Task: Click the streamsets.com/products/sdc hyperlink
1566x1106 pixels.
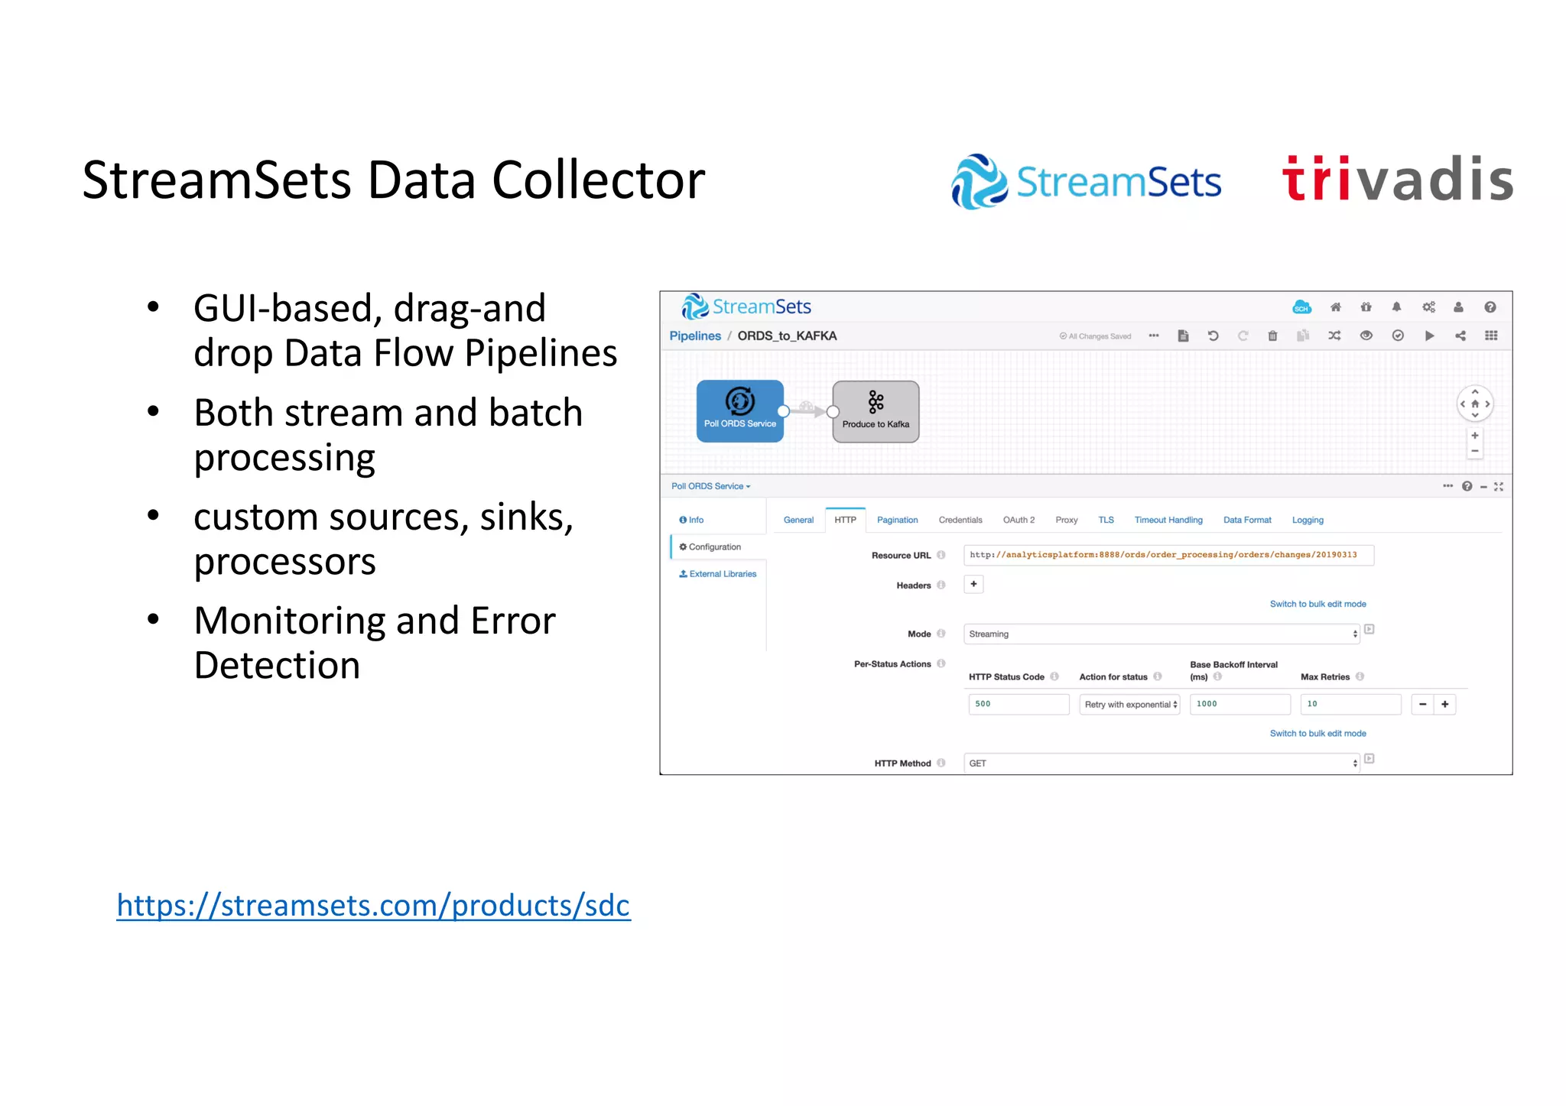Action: [x=373, y=905]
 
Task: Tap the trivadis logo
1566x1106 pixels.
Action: [x=1397, y=180]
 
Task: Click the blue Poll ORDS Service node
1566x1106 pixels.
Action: [x=739, y=410]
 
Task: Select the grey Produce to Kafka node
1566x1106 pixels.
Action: [x=876, y=411]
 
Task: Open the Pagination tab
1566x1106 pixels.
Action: [x=897, y=521]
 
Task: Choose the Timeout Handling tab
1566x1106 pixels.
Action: [x=1168, y=521]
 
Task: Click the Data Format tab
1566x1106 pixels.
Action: [x=1246, y=521]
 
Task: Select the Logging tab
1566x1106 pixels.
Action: [x=1307, y=521]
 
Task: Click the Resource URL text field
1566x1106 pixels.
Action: [x=1168, y=555]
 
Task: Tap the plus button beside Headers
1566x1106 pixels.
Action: [x=973, y=585]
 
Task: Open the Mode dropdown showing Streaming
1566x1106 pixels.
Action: [x=1161, y=634]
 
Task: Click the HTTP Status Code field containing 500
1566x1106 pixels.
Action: [x=1018, y=704]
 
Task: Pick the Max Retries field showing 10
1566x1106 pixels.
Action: [x=1350, y=704]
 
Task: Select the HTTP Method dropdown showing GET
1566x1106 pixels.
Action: [x=1161, y=764]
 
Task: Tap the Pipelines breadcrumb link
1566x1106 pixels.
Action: [x=694, y=336]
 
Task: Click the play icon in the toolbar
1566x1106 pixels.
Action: [x=1429, y=336]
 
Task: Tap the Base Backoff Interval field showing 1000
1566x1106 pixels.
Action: [x=1239, y=704]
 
